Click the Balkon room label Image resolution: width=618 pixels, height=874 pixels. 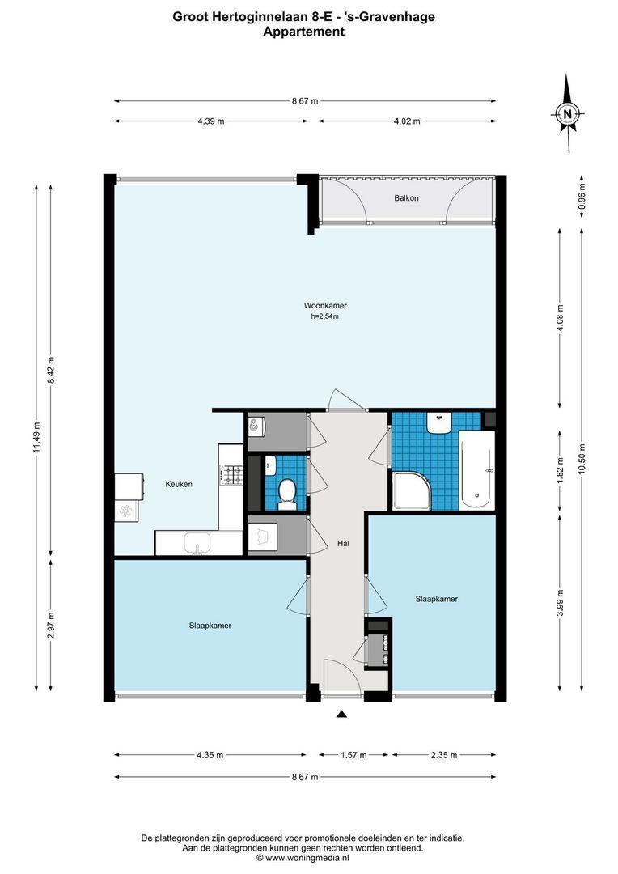point(406,198)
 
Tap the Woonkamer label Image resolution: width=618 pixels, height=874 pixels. point(325,305)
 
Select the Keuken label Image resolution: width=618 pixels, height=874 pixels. point(179,484)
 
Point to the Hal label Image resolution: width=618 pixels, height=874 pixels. point(343,543)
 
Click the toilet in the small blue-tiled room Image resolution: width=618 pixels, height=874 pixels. point(287,494)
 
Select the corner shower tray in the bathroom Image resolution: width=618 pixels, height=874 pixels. point(413,490)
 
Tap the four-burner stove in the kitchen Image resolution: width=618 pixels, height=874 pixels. point(232,475)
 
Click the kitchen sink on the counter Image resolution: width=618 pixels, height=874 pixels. point(197,543)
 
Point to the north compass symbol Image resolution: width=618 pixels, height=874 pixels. point(568,114)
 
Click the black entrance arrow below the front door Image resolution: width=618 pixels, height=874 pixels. point(342,714)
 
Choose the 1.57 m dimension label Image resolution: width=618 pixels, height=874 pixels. point(353,755)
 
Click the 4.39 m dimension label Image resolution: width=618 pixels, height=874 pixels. point(210,121)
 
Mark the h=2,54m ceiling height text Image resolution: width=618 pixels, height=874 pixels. point(325,316)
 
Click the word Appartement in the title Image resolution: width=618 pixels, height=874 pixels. point(303,32)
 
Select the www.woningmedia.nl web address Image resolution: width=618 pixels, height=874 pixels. point(307,858)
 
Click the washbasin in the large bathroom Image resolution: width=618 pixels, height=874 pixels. point(440,423)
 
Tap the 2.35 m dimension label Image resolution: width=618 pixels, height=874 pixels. point(443,755)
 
